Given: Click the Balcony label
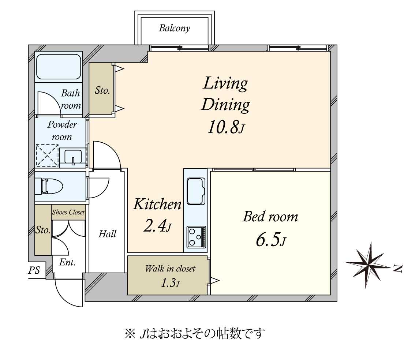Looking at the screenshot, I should coord(175,29).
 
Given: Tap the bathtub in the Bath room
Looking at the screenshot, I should coord(59,67).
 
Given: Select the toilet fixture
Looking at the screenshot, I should coord(51,186).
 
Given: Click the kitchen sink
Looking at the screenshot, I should coord(196,191).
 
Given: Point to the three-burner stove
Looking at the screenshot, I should coord(196,236).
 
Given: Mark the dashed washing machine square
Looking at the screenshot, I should coord(47,155).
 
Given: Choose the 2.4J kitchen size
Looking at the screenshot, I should coord(157,226).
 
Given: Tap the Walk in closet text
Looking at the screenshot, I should coord(170,269).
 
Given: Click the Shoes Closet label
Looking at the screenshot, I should coord(68,212).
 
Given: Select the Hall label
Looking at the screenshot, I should coord(107,234).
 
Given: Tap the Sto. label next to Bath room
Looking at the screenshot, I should coord(102,90).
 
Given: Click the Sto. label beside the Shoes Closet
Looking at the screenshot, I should coord(43,230).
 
